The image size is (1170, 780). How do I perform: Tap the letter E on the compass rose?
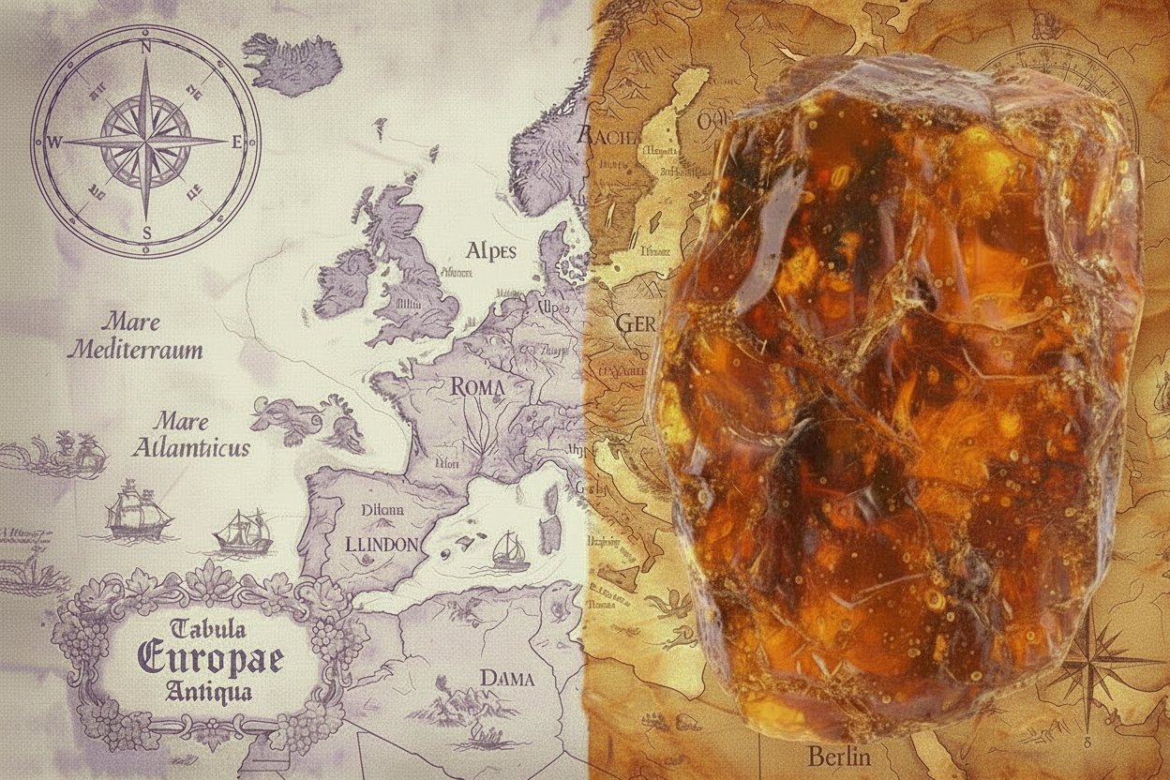236,142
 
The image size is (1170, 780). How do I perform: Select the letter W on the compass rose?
54,142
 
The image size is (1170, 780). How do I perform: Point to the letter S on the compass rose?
146,232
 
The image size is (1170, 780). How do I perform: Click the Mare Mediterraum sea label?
137,337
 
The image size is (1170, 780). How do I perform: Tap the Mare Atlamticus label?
190,434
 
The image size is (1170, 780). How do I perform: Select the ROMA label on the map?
477,386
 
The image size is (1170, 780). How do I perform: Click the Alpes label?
490,251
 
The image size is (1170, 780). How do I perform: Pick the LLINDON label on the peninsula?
381,545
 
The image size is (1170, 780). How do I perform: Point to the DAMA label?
506,677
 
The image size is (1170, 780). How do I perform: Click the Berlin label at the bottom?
838,756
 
